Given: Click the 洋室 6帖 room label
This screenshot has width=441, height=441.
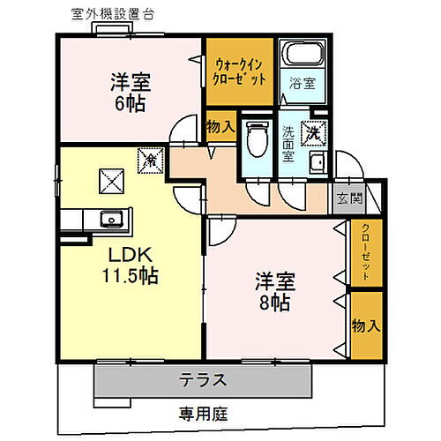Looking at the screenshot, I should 130,92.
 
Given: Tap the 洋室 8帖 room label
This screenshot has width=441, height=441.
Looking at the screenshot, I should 274,292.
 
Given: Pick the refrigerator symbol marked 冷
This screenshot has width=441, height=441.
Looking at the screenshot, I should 151,161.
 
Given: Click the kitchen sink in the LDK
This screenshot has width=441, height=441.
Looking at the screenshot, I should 110,219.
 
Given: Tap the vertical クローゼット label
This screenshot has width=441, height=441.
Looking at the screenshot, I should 365,252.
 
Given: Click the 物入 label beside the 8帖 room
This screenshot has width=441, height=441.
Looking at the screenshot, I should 365,325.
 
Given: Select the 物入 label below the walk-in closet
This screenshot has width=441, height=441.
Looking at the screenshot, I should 220,127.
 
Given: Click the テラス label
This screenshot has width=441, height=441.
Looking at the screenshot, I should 205,381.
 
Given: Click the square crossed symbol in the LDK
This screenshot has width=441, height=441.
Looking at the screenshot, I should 112,181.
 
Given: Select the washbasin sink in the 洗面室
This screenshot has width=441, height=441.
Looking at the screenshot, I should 318,162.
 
